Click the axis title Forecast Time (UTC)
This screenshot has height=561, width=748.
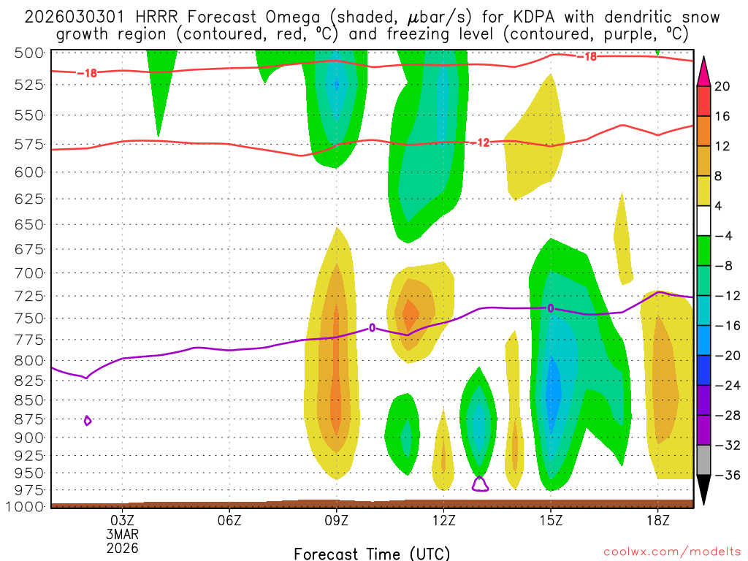click(372, 553)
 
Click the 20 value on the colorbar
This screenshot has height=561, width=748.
click(722, 86)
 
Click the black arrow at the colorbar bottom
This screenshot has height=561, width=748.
click(704, 489)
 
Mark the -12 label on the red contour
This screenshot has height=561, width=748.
click(483, 142)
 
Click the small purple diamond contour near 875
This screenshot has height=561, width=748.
click(88, 420)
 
